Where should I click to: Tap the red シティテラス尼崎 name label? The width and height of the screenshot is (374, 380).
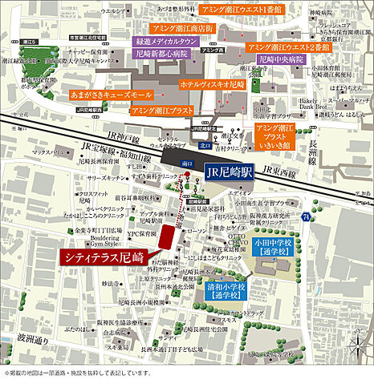[x=104, y=257]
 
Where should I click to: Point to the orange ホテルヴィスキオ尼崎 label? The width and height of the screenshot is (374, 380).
[x=213, y=83]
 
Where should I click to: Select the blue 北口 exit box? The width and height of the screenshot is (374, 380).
[x=204, y=146]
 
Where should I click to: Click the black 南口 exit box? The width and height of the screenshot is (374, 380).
[x=188, y=163]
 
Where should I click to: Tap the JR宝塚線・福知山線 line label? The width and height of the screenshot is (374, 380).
[x=110, y=150]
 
